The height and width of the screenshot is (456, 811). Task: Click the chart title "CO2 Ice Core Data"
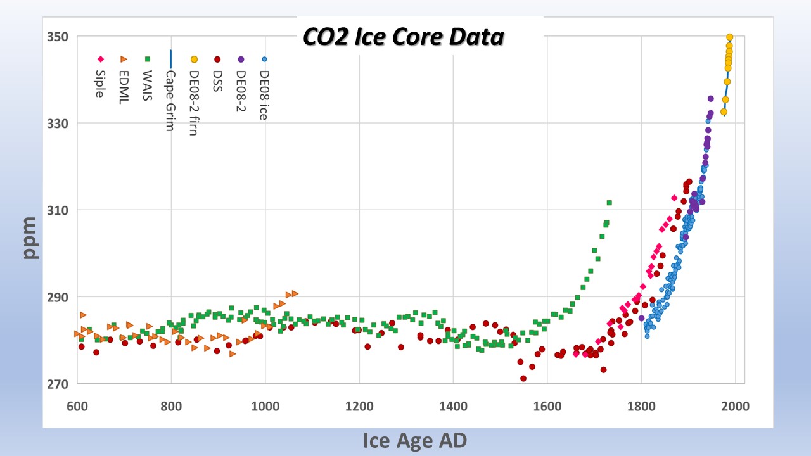tap(404, 37)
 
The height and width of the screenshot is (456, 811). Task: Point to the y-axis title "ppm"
tap(30, 238)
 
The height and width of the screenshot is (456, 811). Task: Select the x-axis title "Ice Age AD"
tap(415, 441)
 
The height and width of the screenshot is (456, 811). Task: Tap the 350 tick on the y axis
tap(58, 37)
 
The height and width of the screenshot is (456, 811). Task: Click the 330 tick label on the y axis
tap(58, 123)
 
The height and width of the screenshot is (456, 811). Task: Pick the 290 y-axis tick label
tap(58, 297)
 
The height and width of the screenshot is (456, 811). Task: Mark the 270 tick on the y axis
tap(58, 384)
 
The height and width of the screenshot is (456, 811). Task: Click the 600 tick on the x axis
tap(77, 406)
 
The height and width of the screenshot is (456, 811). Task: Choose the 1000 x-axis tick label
tap(265, 406)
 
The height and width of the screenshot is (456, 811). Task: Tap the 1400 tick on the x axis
tap(453, 406)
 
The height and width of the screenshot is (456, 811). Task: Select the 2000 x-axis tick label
tap(736, 406)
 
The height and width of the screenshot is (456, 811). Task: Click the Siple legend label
tap(100, 84)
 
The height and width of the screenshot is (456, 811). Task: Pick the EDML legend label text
tap(124, 87)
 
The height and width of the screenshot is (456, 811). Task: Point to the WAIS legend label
tap(148, 85)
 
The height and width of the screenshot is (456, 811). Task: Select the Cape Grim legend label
tap(170, 101)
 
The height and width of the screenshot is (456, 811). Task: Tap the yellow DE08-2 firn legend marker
tap(194, 60)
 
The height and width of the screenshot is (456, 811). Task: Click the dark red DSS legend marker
tap(217, 60)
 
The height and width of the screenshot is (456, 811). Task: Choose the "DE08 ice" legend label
tap(264, 95)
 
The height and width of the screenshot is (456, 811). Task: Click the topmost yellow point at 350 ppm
tap(729, 37)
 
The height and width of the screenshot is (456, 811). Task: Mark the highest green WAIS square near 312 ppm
tap(610, 203)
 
